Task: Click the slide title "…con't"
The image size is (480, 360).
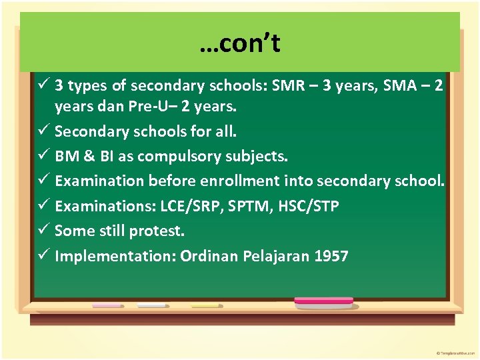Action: coord(239,44)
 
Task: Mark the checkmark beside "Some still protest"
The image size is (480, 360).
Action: coord(43,231)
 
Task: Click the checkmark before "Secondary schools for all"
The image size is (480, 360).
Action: coord(43,131)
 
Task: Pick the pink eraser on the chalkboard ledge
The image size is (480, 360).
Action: coord(323,301)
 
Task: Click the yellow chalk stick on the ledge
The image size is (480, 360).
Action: coord(205,305)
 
